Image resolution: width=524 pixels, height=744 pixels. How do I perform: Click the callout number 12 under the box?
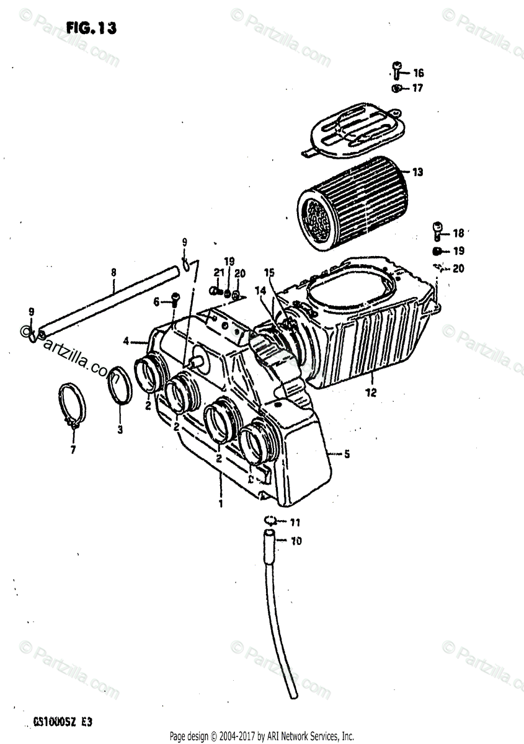371,392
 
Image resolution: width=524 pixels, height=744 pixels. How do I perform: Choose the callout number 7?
73,449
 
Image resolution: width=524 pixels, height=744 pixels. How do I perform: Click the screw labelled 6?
175,300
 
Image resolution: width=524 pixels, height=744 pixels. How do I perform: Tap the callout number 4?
126,340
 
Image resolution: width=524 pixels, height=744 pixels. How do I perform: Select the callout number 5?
347,454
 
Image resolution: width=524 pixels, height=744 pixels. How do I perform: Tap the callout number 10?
296,541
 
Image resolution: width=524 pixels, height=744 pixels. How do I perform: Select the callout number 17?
417,88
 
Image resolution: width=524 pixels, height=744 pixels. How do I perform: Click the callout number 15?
268,273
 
